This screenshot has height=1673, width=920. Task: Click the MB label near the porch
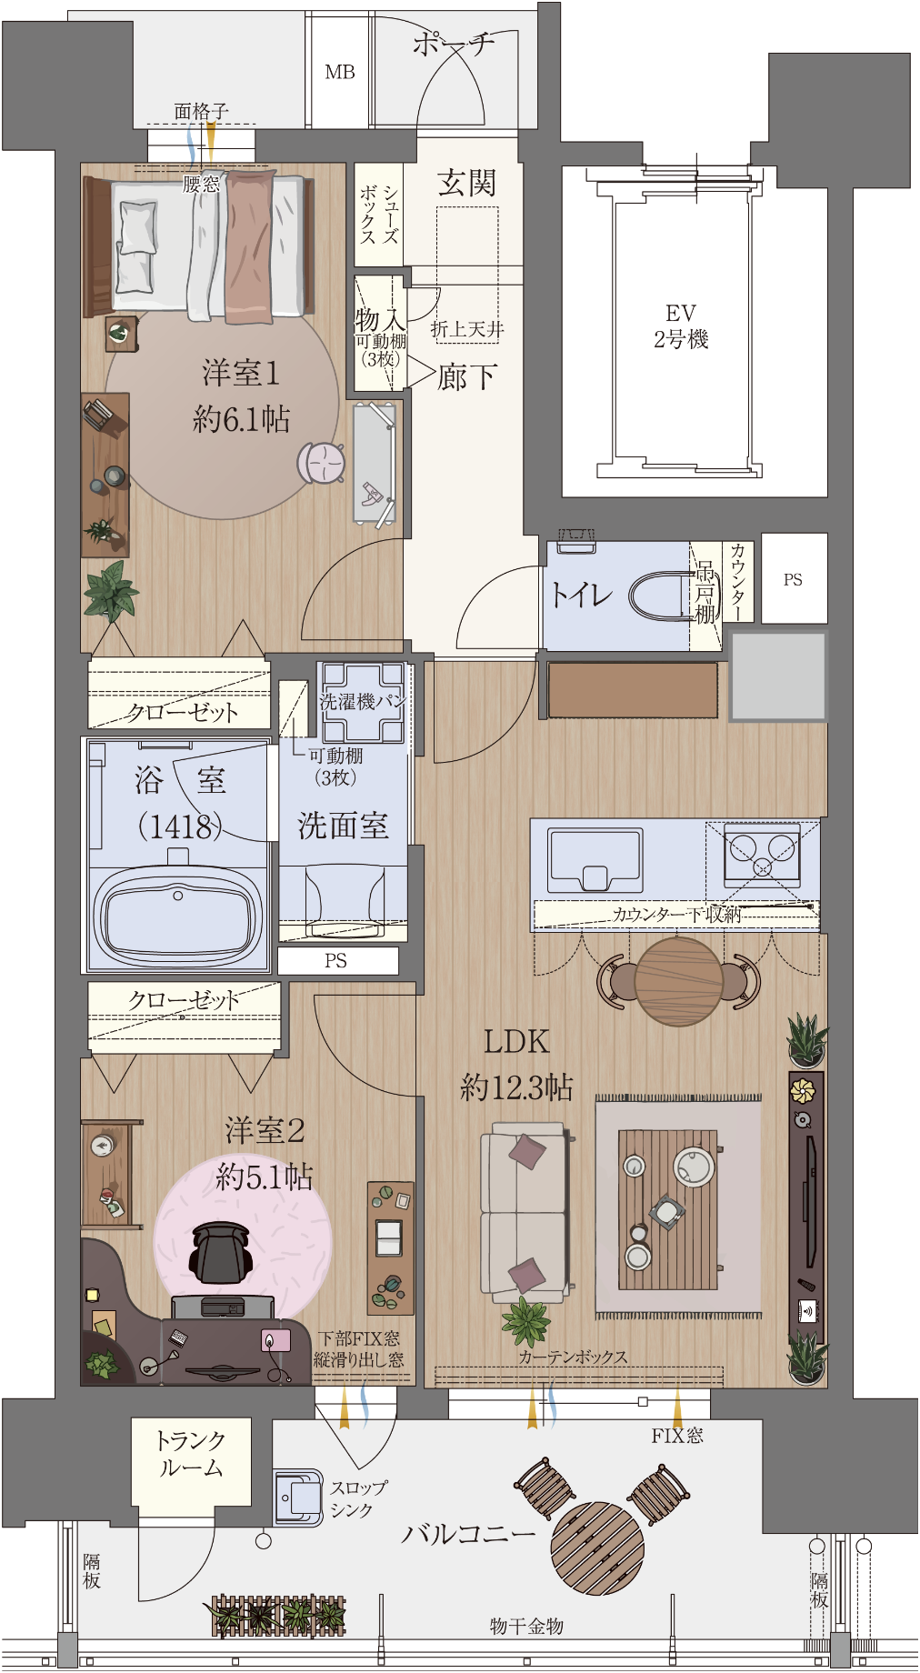[x=340, y=72]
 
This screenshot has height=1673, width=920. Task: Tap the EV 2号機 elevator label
[x=681, y=326]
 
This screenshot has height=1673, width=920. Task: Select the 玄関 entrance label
[x=466, y=184]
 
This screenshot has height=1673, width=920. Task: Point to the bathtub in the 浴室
[x=178, y=917]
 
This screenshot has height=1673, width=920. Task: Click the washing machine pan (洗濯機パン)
[x=363, y=702]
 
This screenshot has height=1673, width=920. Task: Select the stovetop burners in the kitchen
[x=762, y=855]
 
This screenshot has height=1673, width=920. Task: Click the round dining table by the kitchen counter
[x=678, y=982]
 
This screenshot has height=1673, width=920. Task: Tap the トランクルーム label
[x=190, y=1454]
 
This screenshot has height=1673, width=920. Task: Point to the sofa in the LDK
[x=525, y=1207]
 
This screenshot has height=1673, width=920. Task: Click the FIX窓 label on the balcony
[x=677, y=1436]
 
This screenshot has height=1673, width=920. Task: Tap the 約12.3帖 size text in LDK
[x=516, y=1087]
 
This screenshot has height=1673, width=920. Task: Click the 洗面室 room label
[x=343, y=826]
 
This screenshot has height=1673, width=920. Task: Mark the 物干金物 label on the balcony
[x=526, y=1626]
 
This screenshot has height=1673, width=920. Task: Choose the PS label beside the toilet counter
[x=793, y=579]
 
